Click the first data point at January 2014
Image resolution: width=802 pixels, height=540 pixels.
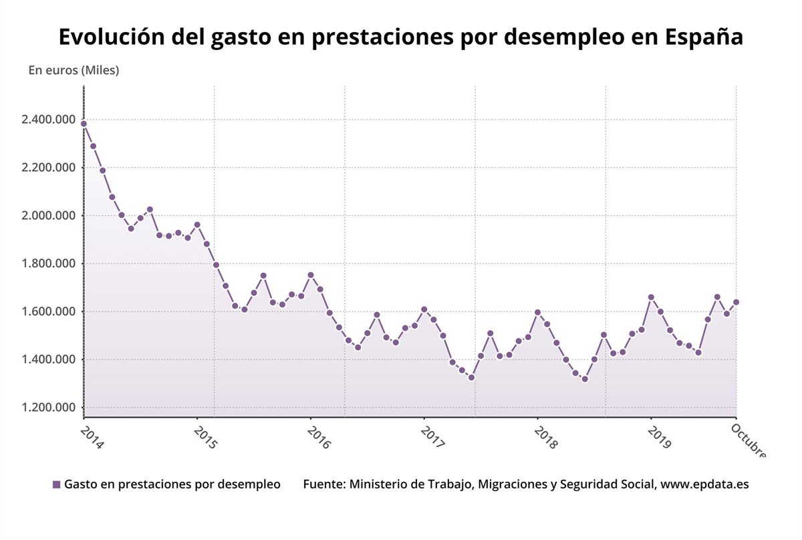(84, 124)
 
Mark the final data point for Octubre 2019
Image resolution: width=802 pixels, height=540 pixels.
(736, 302)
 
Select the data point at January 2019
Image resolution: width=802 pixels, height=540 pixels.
(651, 297)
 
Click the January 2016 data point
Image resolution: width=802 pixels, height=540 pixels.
(310, 275)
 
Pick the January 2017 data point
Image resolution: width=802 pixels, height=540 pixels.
(424, 309)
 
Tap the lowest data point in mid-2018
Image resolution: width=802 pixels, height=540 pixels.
(585, 379)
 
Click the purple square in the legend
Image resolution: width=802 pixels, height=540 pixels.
(56, 485)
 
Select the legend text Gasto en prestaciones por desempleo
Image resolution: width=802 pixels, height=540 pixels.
(172, 485)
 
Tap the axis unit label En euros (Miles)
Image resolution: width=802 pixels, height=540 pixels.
(74, 70)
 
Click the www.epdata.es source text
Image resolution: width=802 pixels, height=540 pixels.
(704, 485)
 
